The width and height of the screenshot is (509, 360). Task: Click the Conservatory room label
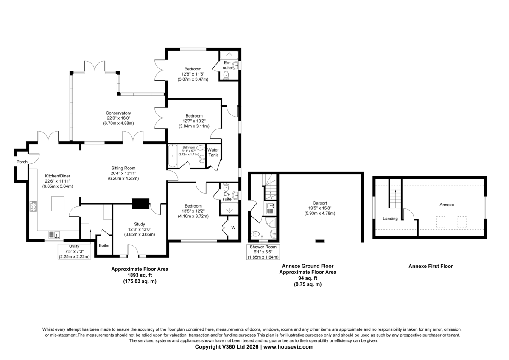coord(118,113)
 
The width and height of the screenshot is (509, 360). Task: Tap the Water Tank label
coord(213,152)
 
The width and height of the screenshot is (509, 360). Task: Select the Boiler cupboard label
coord(104,245)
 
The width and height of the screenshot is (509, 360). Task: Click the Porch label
coord(22,162)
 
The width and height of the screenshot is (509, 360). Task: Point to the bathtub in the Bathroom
coord(173,156)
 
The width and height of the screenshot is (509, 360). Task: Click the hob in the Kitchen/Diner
coord(33,206)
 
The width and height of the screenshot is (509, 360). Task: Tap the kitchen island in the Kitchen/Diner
coord(58,203)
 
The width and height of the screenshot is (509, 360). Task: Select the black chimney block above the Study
coord(141,203)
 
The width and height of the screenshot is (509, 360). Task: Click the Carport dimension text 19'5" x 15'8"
coord(320,208)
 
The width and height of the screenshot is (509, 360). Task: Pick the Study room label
coord(139,224)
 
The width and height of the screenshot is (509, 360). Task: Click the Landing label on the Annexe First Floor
coord(390,219)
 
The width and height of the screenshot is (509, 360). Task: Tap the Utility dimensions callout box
coord(74,251)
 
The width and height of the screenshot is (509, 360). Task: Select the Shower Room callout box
coord(263,252)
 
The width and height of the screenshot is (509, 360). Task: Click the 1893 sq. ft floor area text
coord(140,275)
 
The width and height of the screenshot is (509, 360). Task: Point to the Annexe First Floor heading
coord(431,266)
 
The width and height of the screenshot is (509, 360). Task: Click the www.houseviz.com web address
coord(288,347)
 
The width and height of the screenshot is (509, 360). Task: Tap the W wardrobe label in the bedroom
coord(233,228)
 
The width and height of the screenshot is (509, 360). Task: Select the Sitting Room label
coord(123,168)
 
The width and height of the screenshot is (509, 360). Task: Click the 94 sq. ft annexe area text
coord(308,278)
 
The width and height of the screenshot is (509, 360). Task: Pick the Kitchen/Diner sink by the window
coord(54,234)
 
